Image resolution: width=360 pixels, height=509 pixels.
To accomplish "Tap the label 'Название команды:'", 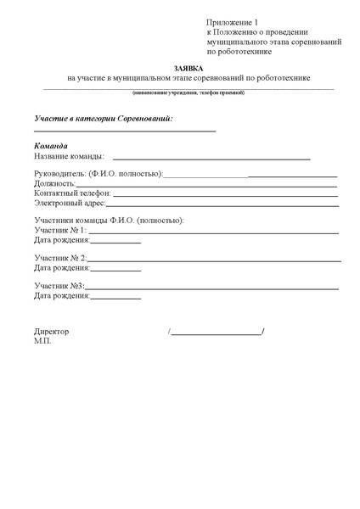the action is pyautogui.click(x=70, y=157).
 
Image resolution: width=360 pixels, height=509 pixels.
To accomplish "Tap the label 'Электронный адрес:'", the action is pyautogui.click(x=70, y=204).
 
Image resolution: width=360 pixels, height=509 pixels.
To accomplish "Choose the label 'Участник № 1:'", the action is pyautogui.click(x=60, y=231).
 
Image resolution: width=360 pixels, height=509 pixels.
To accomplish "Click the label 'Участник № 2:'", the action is pyautogui.click(x=60, y=258).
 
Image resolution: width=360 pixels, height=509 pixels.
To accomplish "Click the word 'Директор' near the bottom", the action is pyautogui.click(x=52, y=332).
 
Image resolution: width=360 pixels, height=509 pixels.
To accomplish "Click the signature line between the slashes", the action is pyautogui.click(x=217, y=333).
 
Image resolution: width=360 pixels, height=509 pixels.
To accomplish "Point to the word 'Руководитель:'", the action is pyautogui.click(x=61, y=174).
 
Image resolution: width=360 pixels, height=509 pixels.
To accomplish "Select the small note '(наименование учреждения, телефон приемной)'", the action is pyautogui.click(x=188, y=92).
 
